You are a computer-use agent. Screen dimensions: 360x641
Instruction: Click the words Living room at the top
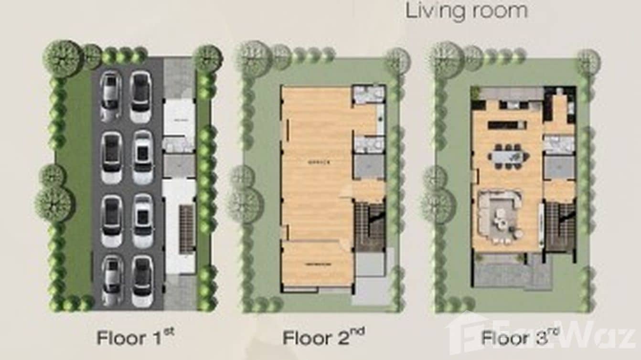[x=466, y=11]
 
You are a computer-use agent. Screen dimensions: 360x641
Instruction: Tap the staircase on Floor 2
[x=370, y=226]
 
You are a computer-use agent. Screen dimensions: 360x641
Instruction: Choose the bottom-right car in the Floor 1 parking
[x=142, y=282]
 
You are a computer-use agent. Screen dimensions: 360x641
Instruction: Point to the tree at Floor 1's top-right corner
[x=208, y=59]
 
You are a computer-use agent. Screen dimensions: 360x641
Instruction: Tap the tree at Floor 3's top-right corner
[x=588, y=62]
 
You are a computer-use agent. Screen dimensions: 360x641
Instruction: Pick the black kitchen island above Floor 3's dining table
[x=507, y=125]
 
